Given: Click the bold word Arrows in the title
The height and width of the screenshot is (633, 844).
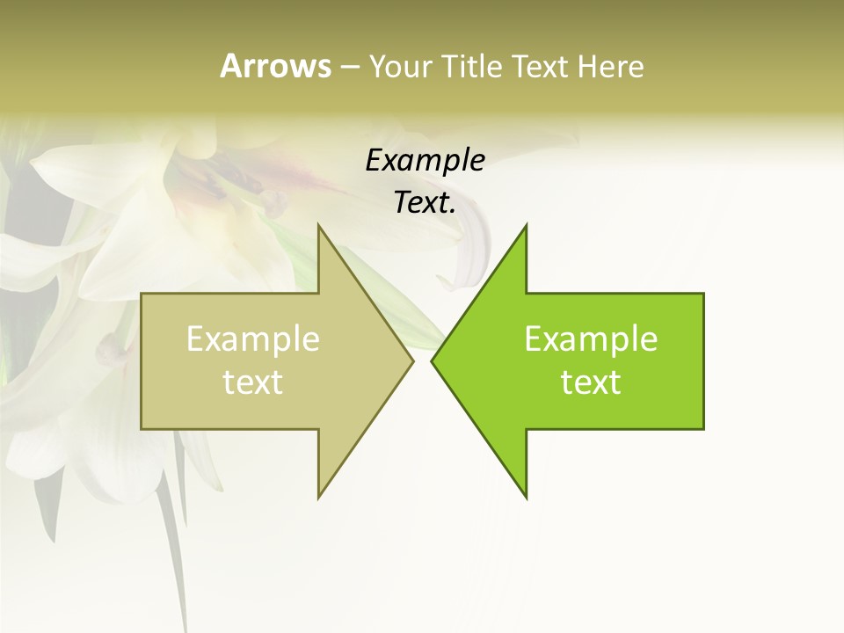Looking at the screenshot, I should tap(275, 66).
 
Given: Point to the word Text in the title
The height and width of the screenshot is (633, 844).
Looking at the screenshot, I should tap(541, 67).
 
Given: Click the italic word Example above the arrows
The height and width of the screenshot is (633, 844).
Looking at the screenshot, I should tap(425, 161).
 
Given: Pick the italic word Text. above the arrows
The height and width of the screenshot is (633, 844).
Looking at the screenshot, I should tap(425, 203).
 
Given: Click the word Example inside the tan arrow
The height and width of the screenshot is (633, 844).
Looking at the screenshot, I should tap(253, 339).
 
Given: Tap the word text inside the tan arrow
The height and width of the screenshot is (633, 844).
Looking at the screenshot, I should tap(253, 382).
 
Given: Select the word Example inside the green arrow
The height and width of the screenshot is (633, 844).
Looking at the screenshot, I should tap(591, 339).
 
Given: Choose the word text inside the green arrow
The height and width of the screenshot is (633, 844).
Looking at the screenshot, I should tap(591, 382).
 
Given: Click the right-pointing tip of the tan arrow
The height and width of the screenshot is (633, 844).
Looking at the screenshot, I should tap(412, 360).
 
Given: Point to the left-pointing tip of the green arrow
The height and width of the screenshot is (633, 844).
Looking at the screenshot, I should tap(432, 360).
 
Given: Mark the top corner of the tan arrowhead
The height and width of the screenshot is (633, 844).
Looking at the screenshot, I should tap(318, 225).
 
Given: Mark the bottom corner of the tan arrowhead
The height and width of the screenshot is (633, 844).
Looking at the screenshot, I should tap(318, 498).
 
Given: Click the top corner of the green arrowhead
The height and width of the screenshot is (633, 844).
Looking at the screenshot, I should tap(526, 225).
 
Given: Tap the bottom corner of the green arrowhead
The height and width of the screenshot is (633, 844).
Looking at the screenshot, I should tap(526, 498).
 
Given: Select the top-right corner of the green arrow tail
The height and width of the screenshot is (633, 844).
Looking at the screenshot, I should tap(703, 294).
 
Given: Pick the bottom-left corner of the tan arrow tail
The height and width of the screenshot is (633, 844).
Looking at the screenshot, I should tap(142, 428).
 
